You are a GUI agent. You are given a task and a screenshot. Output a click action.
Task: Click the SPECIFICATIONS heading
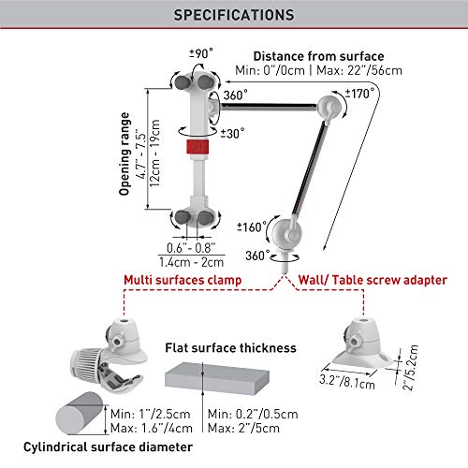pos(234,15)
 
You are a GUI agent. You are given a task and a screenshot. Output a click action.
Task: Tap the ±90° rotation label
pos(201,53)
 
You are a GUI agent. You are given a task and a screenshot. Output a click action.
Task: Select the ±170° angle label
pos(359,94)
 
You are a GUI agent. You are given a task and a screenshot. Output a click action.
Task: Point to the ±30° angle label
pos(232,134)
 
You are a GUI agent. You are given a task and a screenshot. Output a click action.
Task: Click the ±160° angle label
pos(252,227)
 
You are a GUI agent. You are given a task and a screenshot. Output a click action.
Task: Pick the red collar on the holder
pos(197,147)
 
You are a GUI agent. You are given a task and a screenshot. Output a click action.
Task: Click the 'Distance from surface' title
pos(318,56)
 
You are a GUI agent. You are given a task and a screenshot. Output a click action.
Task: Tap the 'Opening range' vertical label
pos(124,154)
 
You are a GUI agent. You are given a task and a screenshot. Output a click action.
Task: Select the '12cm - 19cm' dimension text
pos(154,154)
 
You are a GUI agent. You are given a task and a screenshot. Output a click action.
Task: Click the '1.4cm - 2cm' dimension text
pos(191,262)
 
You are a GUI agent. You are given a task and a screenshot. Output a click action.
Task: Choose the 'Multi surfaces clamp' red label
pos(183,280)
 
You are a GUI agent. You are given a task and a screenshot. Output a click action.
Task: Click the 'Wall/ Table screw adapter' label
pos(373,280)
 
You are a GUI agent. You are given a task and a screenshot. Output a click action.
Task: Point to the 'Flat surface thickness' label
pos(230,347)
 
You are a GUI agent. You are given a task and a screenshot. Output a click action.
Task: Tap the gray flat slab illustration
pos(217,378)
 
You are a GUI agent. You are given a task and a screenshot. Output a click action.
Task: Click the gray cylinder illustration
pos(80,414)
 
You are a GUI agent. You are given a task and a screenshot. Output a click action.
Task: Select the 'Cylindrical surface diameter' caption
pos(108,447)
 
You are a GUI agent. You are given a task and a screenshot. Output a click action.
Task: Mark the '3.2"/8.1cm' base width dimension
pos(347,382)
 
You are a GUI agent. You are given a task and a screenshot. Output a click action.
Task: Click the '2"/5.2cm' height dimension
pos(410,368)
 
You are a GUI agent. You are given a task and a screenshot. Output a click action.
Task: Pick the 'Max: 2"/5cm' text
pos(243,428)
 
